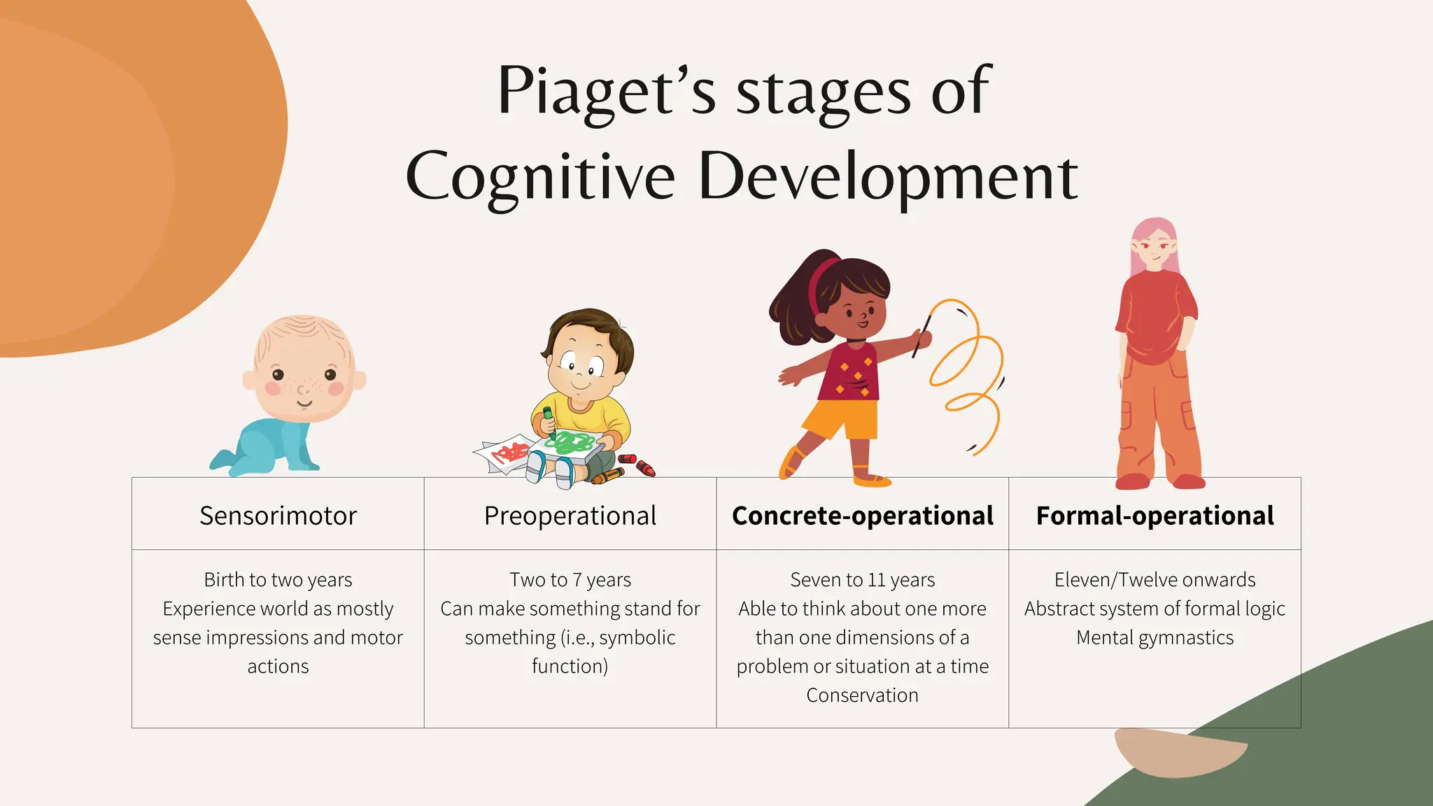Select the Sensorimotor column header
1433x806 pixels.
tap(278, 516)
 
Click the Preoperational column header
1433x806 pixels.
tap(570, 516)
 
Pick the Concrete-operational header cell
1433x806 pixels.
tap(862, 516)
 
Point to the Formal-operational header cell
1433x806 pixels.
tap(1155, 516)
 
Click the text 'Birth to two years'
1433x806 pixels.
tap(278, 580)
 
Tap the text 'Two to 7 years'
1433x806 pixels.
tap(570, 580)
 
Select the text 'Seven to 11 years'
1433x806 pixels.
tap(862, 580)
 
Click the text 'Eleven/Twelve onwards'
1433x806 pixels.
tap(1155, 580)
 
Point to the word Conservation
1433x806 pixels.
tap(862, 695)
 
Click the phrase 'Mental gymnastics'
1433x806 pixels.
tap(1155, 638)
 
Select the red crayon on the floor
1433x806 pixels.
tap(644, 467)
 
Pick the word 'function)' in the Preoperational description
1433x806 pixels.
tap(570, 667)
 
